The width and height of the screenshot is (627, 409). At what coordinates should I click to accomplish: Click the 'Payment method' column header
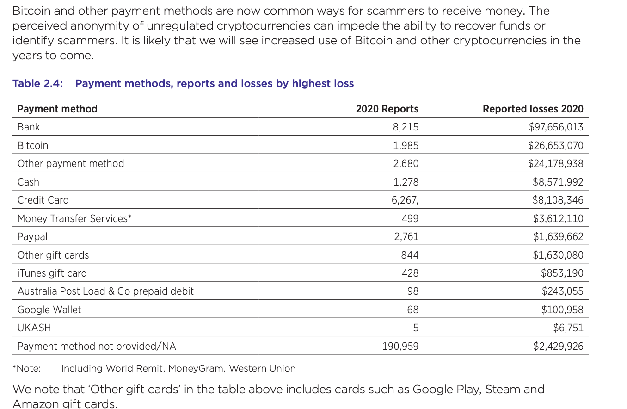click(x=57, y=109)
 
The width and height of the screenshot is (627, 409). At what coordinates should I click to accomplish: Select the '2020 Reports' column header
click(x=387, y=109)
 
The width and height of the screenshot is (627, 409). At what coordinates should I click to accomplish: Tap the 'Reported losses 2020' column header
click(x=533, y=109)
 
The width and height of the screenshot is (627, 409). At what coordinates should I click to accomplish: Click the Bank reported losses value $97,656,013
click(x=556, y=127)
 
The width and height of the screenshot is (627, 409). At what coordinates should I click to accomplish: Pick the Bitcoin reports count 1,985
click(x=406, y=146)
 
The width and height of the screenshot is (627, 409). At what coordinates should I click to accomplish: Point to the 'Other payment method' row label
click(x=71, y=164)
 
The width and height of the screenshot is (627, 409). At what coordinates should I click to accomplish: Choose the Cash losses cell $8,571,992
click(x=558, y=182)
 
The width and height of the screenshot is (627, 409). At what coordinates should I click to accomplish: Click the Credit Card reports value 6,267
click(x=405, y=200)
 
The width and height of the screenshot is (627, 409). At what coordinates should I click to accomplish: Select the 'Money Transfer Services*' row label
click(x=74, y=218)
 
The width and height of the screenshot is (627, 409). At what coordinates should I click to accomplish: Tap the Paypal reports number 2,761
click(x=406, y=237)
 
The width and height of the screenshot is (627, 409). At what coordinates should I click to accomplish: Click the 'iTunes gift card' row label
click(x=52, y=273)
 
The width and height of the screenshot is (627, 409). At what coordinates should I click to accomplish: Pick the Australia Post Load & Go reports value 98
click(x=413, y=291)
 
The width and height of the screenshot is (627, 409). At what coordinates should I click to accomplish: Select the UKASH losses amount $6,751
click(x=568, y=328)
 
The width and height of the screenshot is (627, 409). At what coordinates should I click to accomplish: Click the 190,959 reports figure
click(x=400, y=347)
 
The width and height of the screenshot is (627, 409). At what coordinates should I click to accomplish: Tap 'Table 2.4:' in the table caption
click(x=38, y=83)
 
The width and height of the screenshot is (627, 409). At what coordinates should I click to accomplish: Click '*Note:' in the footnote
click(x=27, y=368)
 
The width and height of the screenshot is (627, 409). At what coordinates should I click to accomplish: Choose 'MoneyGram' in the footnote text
click(x=197, y=369)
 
